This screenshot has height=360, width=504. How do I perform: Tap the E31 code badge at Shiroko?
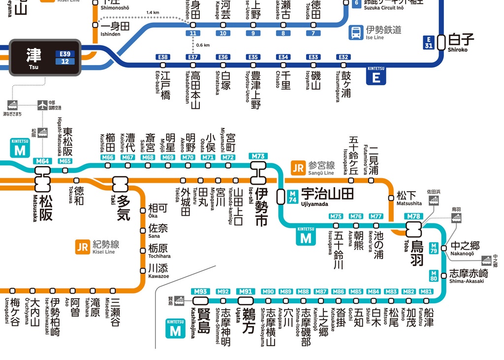click(x=428, y=43)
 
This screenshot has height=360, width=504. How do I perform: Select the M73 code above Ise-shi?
click(x=258, y=156)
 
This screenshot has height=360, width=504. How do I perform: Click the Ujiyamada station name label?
click(x=327, y=194)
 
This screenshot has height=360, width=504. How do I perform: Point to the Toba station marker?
click(x=413, y=229)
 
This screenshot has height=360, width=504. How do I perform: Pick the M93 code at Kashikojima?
click(x=200, y=292)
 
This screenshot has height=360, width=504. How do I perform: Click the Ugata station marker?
click(x=246, y=300)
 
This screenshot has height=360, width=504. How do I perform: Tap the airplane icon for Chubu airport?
click(x=43, y=105)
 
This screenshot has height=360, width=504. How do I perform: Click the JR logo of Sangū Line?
click(x=298, y=167)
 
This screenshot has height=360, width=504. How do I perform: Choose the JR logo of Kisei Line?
click(x=82, y=246)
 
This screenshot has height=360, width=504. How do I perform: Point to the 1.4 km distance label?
click(x=153, y=13)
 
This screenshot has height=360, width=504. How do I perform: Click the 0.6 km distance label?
click(x=203, y=45)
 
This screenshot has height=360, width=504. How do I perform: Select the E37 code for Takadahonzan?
click(x=193, y=57)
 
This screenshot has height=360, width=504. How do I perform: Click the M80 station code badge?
click(x=433, y=275)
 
